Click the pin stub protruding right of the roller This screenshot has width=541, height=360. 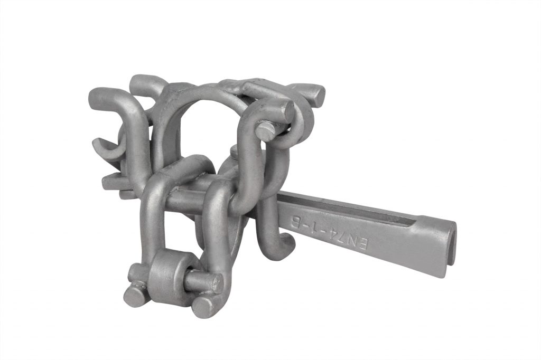pyautogui.click(x=203, y=282)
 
